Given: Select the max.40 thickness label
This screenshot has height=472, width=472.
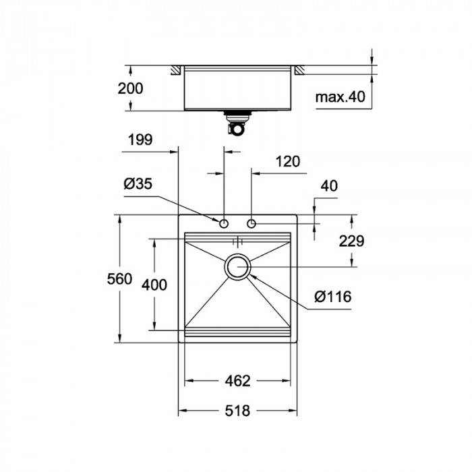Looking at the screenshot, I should pyautogui.click(x=340, y=97).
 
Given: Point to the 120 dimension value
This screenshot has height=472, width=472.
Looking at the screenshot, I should pyautogui.click(x=288, y=161).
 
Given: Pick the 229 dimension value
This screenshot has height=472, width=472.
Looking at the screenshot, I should pyautogui.click(x=351, y=241).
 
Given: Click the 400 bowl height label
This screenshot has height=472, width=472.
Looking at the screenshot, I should pyautogui.click(x=154, y=285).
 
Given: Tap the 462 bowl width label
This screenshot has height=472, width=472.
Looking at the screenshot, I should pyautogui.click(x=237, y=381).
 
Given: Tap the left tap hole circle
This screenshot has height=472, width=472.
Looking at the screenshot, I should pyautogui.click(x=224, y=223).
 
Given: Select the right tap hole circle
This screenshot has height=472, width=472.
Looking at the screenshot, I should pyautogui.click(x=252, y=223).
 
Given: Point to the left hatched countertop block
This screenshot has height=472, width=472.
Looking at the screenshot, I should pyautogui.click(x=175, y=69).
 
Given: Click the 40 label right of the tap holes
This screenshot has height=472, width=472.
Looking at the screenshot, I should pyautogui.click(x=330, y=185).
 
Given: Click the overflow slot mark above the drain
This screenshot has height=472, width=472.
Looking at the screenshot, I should pyautogui.click(x=237, y=241).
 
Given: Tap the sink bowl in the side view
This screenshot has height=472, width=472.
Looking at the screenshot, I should pyautogui.click(x=237, y=88).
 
